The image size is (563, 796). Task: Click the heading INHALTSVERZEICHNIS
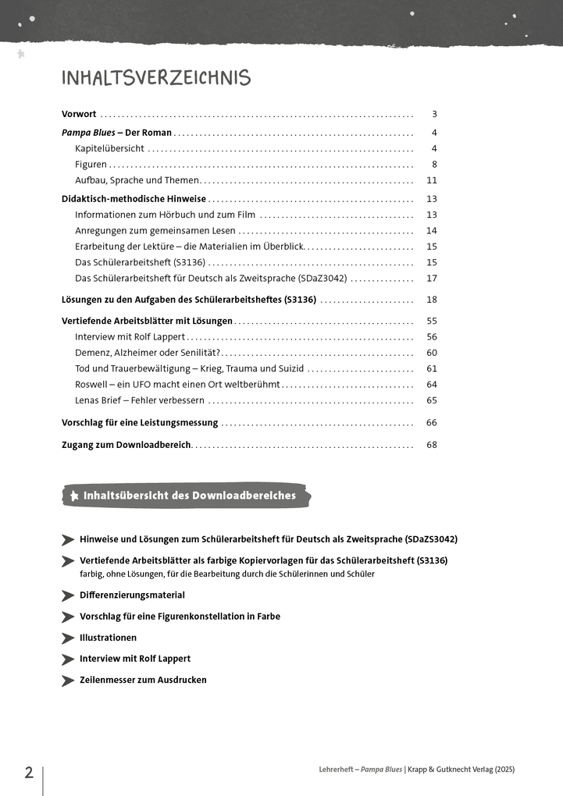point(156,78)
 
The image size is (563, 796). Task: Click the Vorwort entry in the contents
point(79,114)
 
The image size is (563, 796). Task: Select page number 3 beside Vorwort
point(434,114)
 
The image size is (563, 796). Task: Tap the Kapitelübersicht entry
point(109,148)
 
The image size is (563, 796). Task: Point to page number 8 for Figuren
point(434,165)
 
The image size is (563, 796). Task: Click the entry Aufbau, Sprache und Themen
point(137,180)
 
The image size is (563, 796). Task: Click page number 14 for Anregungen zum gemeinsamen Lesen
point(432,231)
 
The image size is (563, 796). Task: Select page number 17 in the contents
point(432,279)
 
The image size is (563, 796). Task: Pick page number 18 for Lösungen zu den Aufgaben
point(432,300)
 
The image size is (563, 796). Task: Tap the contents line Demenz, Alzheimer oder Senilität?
point(141,353)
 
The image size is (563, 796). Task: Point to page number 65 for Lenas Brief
point(432,400)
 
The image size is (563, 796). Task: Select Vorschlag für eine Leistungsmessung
point(140,423)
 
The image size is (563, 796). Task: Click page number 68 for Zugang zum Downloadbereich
point(432,446)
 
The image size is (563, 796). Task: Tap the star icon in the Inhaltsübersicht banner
point(74,496)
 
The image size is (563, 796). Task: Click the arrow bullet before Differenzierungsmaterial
point(68,595)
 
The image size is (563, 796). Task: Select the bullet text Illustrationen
point(108,638)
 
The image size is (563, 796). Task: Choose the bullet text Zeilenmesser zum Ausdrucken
point(143,681)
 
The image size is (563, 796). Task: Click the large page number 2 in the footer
point(29,773)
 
